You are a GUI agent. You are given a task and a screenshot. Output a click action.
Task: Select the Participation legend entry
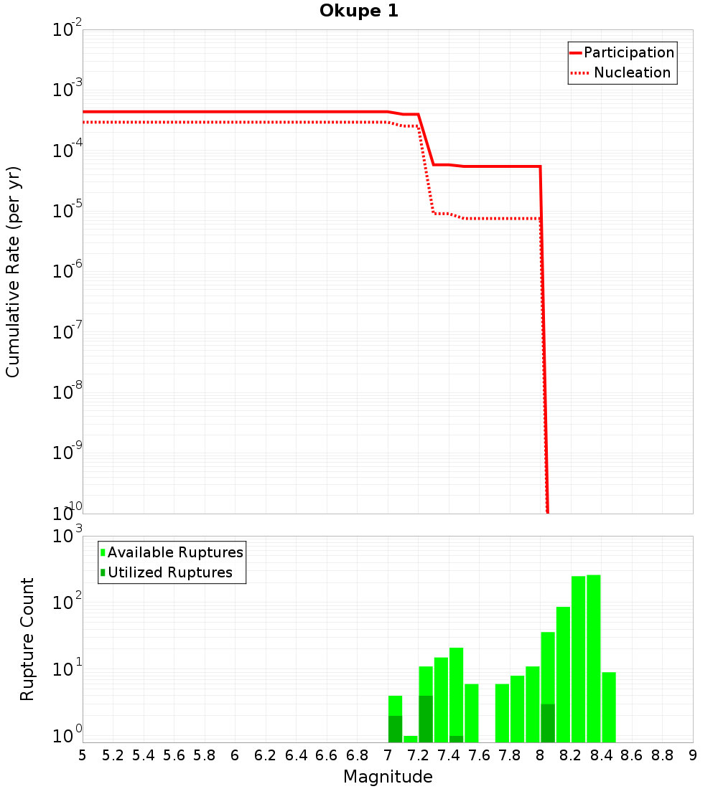tap(629, 52)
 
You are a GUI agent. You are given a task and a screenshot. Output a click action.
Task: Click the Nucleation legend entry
tap(632, 72)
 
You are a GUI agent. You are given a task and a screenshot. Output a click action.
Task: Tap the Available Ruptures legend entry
tap(175, 552)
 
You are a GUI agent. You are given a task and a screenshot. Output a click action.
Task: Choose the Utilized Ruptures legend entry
tap(169, 572)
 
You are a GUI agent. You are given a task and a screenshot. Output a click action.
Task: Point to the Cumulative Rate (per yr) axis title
tap(13, 272)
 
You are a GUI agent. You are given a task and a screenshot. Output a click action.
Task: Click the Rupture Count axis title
tap(27, 638)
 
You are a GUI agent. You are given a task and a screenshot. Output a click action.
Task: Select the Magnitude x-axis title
tap(388, 777)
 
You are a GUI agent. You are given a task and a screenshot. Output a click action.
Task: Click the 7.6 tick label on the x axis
tap(479, 755)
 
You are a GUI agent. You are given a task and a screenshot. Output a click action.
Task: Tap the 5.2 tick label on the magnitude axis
tap(113, 755)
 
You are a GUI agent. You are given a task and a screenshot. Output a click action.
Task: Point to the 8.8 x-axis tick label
tap(662, 755)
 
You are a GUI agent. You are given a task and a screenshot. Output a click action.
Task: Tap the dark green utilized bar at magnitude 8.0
tap(548, 723)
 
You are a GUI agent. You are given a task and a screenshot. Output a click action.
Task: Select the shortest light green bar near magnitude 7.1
tap(410, 739)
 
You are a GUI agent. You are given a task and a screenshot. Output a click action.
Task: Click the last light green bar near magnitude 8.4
tap(609, 707)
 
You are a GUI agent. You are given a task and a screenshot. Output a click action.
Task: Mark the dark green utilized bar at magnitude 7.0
tap(395, 729)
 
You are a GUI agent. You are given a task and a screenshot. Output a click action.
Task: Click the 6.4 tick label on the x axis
tap(296, 755)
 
